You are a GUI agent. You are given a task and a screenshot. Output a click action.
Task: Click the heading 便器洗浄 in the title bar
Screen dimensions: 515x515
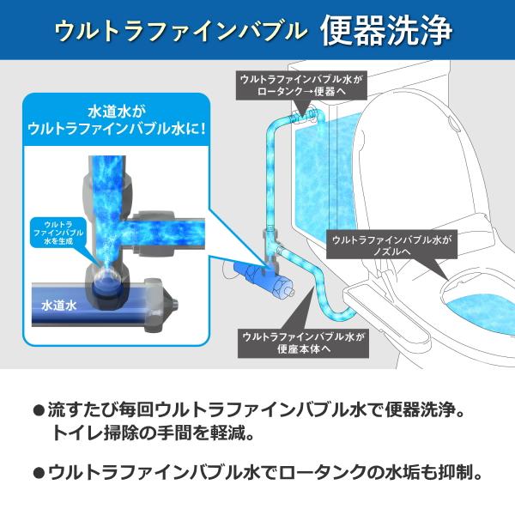386,31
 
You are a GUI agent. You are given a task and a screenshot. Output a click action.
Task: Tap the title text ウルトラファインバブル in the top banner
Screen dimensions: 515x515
180,31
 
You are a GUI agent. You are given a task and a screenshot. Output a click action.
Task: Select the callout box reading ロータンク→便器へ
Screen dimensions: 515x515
301,85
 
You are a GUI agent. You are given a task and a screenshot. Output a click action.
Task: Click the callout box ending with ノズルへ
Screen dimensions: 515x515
391,245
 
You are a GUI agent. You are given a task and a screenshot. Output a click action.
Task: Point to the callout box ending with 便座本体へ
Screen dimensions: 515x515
304,342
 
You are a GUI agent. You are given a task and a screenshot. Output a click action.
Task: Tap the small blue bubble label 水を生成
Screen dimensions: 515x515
58,233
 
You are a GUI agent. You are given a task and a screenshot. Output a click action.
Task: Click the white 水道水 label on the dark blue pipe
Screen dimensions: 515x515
59,306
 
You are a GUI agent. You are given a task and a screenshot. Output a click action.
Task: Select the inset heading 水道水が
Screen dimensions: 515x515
116,112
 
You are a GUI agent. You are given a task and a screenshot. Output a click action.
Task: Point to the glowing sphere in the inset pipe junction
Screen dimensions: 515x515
107,280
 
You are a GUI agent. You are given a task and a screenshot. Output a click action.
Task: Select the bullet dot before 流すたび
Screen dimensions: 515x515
39,411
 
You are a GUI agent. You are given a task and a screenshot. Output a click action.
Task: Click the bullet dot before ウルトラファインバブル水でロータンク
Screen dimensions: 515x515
39,473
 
